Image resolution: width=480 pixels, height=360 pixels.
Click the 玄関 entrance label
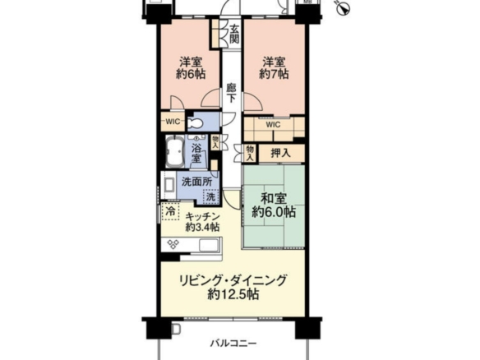click(x=234, y=34)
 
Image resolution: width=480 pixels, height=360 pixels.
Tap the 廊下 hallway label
click(x=232, y=93)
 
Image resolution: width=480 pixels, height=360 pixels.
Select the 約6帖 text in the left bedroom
click(x=191, y=74)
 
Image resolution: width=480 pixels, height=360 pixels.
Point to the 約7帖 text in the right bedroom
click(x=274, y=74)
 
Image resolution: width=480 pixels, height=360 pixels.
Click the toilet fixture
click(x=195, y=123)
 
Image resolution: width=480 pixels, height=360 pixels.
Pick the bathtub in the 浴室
click(x=175, y=151)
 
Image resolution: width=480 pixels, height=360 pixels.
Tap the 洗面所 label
click(x=196, y=182)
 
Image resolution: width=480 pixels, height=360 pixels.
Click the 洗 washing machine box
click(x=210, y=196)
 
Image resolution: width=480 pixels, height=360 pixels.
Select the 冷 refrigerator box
click(x=170, y=211)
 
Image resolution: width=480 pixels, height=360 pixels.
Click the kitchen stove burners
click(x=173, y=244)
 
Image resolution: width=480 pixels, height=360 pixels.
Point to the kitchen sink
click(x=210, y=245)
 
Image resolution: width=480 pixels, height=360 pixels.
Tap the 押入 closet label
click(x=281, y=153)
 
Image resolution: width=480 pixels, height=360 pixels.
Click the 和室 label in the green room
click(x=274, y=199)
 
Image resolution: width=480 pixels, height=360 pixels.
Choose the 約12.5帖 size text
click(x=233, y=294)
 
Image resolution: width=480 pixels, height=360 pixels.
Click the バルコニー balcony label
click(x=233, y=344)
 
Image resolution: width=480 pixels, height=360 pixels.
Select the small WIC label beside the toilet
click(x=173, y=122)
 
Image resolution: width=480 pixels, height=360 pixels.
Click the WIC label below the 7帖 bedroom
click(x=273, y=125)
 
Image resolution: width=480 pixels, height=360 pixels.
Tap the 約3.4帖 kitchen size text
click(x=202, y=228)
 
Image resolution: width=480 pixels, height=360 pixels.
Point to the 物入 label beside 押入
click(x=250, y=153)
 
